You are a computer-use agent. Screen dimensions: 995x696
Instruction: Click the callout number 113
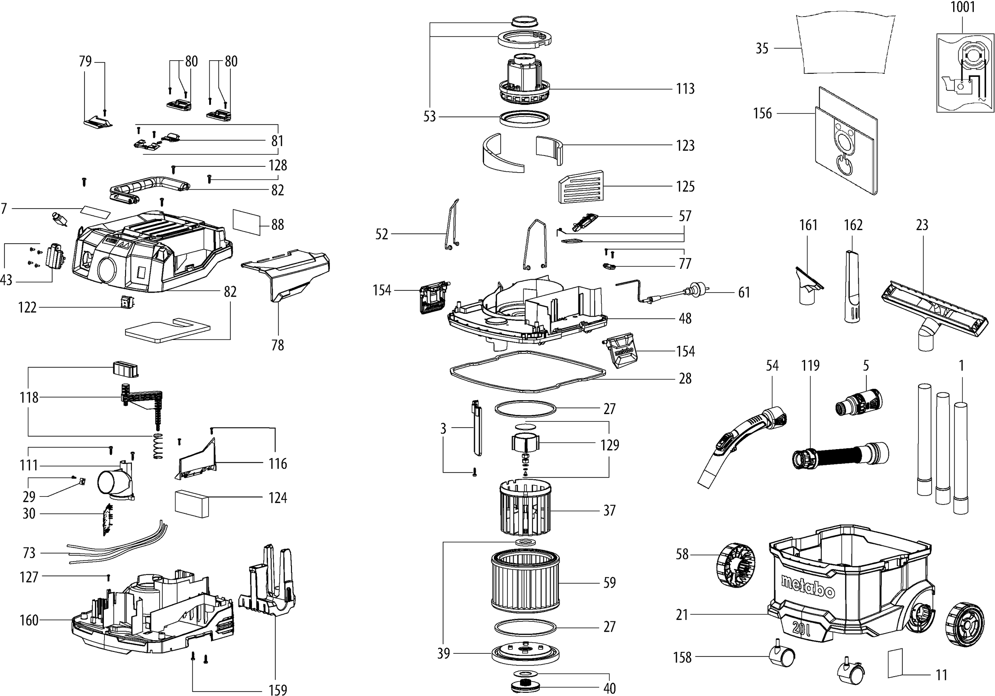pos(685,89)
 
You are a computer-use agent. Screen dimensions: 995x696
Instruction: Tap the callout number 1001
pos(962,7)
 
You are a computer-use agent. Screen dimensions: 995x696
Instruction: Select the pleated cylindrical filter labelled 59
pos(524,583)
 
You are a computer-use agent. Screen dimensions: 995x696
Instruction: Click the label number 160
pos(29,620)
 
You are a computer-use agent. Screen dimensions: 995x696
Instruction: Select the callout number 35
pos(762,48)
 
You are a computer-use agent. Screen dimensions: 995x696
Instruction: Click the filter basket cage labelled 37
pos(524,507)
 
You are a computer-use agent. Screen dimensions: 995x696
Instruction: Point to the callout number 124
pos(278,498)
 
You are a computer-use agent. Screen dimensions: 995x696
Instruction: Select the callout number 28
pos(685,379)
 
